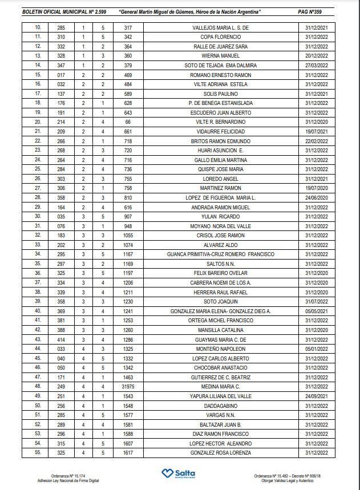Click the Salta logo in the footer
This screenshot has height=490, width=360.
[x=179, y=474]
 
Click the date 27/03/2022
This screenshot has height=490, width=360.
[x=317, y=66]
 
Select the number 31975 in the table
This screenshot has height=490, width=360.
[x=128, y=386]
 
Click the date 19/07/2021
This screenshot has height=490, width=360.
[x=317, y=131]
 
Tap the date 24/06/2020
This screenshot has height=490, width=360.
[x=317, y=197]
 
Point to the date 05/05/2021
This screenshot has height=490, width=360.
[x=317, y=311]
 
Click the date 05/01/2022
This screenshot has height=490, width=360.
[x=317, y=349]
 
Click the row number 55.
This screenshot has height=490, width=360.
[x=38, y=452]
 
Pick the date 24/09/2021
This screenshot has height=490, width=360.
[x=317, y=396]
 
